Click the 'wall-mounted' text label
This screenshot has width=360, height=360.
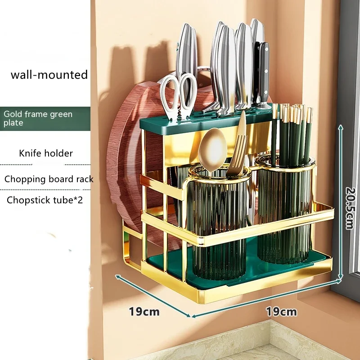[x=49, y=74]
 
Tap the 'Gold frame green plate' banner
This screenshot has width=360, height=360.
[x=38, y=118]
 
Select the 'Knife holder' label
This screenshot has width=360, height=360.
[x=45, y=153]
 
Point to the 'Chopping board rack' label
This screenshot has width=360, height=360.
[x=49, y=179]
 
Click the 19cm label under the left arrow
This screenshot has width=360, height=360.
[x=144, y=311]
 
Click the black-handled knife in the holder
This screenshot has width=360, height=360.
[x=263, y=72]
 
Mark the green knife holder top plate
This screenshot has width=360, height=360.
[x=202, y=121]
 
